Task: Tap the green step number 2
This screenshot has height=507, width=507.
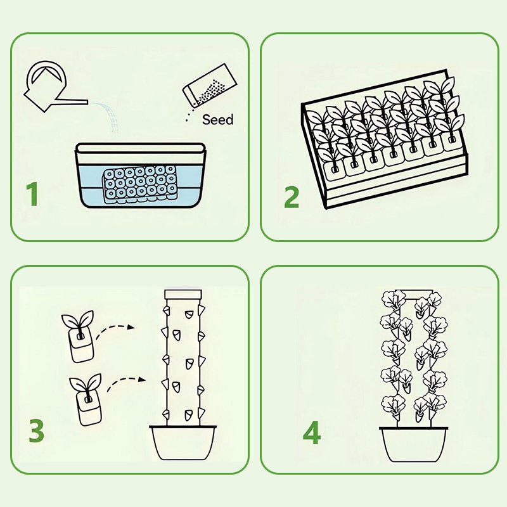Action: coord(291,196)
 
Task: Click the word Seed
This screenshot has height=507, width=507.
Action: coord(217,119)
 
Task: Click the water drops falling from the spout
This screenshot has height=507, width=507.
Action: coord(111,117)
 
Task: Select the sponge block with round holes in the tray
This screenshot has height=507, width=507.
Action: coord(141,184)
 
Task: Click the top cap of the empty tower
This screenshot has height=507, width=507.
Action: coord(183,295)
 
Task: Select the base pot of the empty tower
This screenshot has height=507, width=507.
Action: coord(183,443)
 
